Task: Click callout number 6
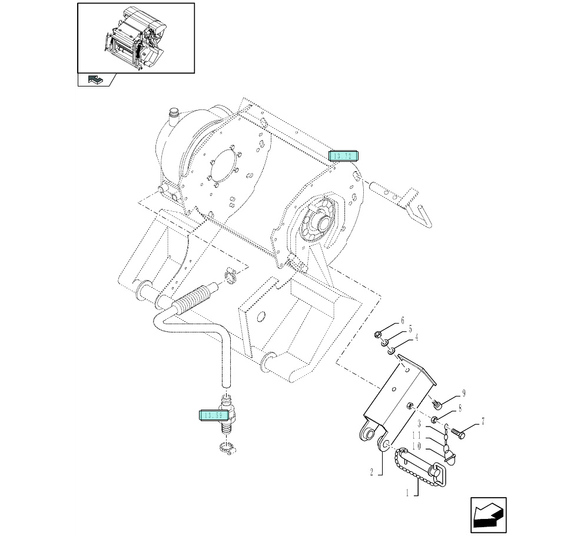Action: pos(403,321)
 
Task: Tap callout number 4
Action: pos(417,338)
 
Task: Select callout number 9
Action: pos(464,393)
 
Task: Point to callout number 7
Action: pos(483,421)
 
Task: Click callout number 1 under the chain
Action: pos(407,493)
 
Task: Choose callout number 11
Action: pos(432,435)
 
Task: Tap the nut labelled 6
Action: pos(379,335)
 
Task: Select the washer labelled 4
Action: pos(391,351)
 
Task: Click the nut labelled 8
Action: pos(434,419)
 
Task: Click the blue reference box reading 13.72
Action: pos(343,156)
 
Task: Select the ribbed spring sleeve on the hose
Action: pos(194,298)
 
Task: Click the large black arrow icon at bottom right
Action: pos(489,516)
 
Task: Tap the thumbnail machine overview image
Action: pos(136,38)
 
